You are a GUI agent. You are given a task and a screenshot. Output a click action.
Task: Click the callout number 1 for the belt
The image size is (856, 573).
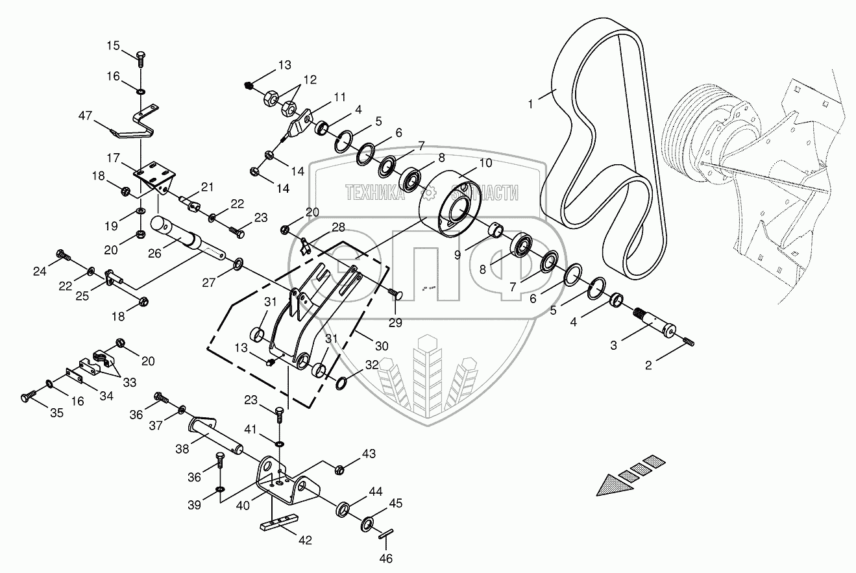(530, 104)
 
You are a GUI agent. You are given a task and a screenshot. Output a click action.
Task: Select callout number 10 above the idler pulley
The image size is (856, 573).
(485, 163)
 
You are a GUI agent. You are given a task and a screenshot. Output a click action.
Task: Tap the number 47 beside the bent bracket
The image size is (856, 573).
(85, 116)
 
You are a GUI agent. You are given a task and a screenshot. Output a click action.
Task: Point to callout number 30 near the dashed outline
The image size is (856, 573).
(382, 346)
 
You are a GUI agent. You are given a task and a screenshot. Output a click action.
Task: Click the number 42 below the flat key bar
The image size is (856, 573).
(304, 540)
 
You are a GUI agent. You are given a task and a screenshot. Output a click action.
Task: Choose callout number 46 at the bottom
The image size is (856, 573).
(386, 558)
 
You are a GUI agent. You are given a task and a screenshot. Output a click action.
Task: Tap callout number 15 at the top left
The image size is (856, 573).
(114, 45)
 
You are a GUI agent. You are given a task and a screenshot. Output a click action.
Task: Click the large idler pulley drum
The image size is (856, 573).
(449, 201)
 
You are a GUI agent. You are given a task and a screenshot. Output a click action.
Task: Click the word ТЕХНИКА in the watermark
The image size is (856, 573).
(376, 192)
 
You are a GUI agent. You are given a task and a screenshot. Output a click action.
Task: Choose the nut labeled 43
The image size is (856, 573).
(339, 468)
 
